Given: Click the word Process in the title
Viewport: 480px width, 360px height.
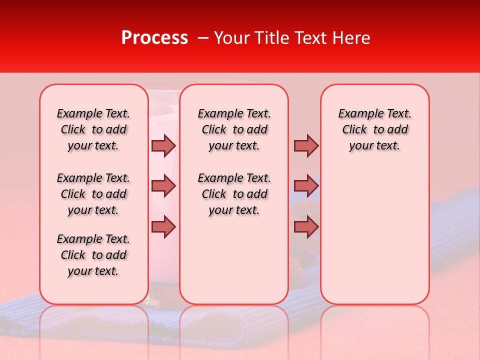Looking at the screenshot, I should [154, 38].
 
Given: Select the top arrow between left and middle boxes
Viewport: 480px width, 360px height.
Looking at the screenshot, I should [163, 145].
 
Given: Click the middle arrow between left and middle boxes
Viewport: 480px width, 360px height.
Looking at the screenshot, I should [163, 186].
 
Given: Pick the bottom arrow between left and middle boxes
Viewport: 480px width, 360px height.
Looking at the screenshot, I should [163, 226].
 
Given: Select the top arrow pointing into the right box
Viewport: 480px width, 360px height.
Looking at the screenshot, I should [306, 145].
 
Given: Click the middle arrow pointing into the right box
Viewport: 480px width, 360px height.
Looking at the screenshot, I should [306, 186].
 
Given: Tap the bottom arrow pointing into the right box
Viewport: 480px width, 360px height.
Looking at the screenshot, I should [306, 226].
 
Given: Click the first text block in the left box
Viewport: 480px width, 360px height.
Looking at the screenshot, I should [93, 129].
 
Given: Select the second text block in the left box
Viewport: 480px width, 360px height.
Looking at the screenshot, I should [93, 194].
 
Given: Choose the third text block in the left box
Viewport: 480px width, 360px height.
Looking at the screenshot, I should [93, 255].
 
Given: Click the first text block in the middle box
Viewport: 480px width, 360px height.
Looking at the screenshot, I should [234, 129].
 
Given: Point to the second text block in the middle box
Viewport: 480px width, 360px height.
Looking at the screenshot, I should [234, 194].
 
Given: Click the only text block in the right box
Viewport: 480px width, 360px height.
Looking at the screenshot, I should [374, 129].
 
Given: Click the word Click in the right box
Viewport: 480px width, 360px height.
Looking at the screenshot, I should [354, 130].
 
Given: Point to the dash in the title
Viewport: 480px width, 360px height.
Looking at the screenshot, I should [203, 38].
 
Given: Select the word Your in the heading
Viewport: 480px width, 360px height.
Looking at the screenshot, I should [230, 38].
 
